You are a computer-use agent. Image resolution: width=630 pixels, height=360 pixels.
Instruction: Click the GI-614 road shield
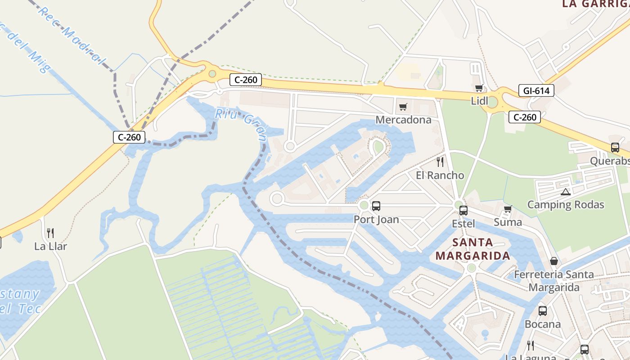coord(536,90)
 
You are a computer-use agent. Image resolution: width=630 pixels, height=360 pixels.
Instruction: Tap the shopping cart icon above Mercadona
coord(403,107)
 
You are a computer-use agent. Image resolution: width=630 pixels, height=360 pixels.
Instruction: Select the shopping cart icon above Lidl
coord(479,88)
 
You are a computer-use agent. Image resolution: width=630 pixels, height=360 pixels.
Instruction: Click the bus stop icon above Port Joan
coord(376,206)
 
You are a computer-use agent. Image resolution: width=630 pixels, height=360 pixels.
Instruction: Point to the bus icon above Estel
coord(463,210)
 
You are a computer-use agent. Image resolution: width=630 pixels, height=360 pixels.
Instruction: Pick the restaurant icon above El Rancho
coord(440,162)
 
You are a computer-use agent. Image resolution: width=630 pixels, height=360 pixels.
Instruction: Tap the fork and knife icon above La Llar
coord(50,233)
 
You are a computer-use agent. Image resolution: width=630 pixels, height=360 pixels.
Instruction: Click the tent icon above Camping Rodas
coord(566,192)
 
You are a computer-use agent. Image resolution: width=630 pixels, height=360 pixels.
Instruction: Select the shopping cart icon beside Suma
coord(508,209)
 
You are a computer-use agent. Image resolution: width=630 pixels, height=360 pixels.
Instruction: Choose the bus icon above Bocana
coord(543,310)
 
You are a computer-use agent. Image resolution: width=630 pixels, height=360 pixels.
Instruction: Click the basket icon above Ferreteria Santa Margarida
coord(554,261)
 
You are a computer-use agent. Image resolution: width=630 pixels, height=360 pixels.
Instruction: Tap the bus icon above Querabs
coord(615,147)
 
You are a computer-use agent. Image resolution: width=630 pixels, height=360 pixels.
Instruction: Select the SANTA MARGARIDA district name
coord(472,249)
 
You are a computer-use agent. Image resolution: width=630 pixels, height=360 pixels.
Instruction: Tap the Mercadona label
coord(403,120)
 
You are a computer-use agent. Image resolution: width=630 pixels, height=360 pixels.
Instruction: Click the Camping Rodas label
coord(565,205)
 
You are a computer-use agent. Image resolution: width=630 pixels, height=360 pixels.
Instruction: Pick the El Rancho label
coord(440,175)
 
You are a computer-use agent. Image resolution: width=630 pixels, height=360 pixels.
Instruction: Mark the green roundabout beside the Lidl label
coord(492,102)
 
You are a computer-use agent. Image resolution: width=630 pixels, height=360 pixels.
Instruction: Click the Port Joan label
coord(376,220)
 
